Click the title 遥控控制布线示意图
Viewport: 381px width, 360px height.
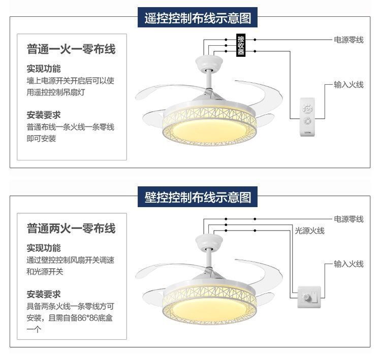click(198, 19)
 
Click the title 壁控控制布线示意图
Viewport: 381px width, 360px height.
click(198, 197)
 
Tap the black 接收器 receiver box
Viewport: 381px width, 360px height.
click(241, 45)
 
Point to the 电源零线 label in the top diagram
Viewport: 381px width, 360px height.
click(348, 40)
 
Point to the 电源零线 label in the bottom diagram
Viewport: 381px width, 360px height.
click(348, 219)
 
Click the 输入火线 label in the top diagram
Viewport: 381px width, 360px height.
click(348, 85)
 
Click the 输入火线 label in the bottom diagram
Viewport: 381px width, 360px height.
click(348, 264)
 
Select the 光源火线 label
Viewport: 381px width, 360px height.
click(309, 231)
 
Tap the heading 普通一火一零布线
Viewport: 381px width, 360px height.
click(71, 49)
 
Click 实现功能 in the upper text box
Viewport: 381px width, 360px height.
click(43, 69)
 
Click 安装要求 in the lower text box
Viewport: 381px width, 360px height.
click(43, 294)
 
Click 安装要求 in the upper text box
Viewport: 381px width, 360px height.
click(43, 115)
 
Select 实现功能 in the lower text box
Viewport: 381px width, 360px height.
click(43, 248)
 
